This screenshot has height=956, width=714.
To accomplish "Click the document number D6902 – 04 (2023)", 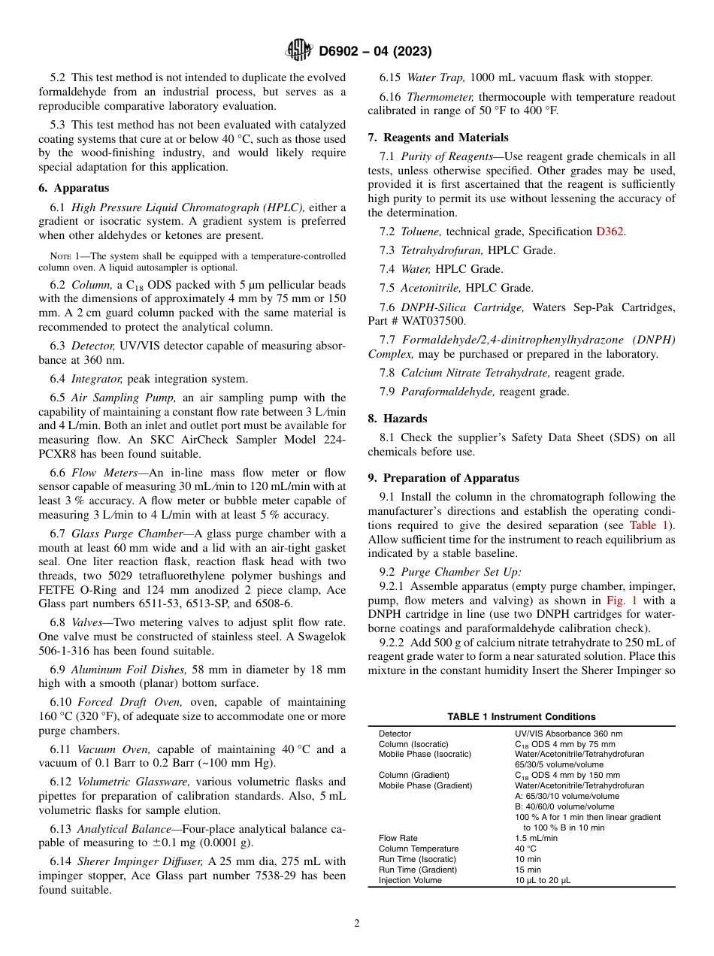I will point(375,51).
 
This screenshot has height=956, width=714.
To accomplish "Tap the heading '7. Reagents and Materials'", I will point(437,138).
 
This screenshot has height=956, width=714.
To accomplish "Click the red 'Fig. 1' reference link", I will point(622,601).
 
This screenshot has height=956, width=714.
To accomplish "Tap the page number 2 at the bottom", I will point(357,924).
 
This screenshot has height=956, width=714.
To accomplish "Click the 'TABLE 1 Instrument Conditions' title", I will point(521,716).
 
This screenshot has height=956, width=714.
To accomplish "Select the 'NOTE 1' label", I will point(65,256).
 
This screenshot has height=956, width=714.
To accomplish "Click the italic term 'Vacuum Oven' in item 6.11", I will point(107,749).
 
